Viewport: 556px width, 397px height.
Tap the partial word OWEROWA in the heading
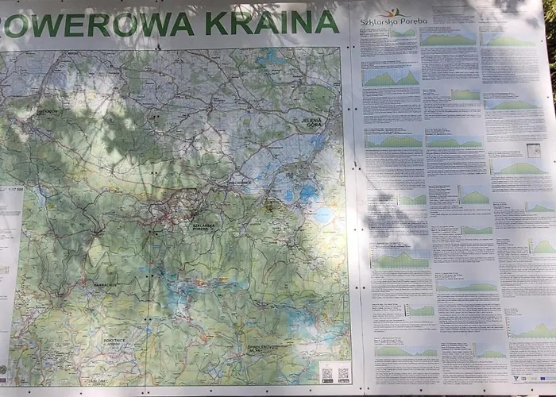pyautogui.click(x=99, y=24)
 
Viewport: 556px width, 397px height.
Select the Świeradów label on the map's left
pyautogui.click(x=47, y=112)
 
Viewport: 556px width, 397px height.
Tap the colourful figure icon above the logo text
pyautogui.click(x=389, y=12)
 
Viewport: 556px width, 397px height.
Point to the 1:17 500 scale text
pyautogui.click(x=11, y=191)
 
